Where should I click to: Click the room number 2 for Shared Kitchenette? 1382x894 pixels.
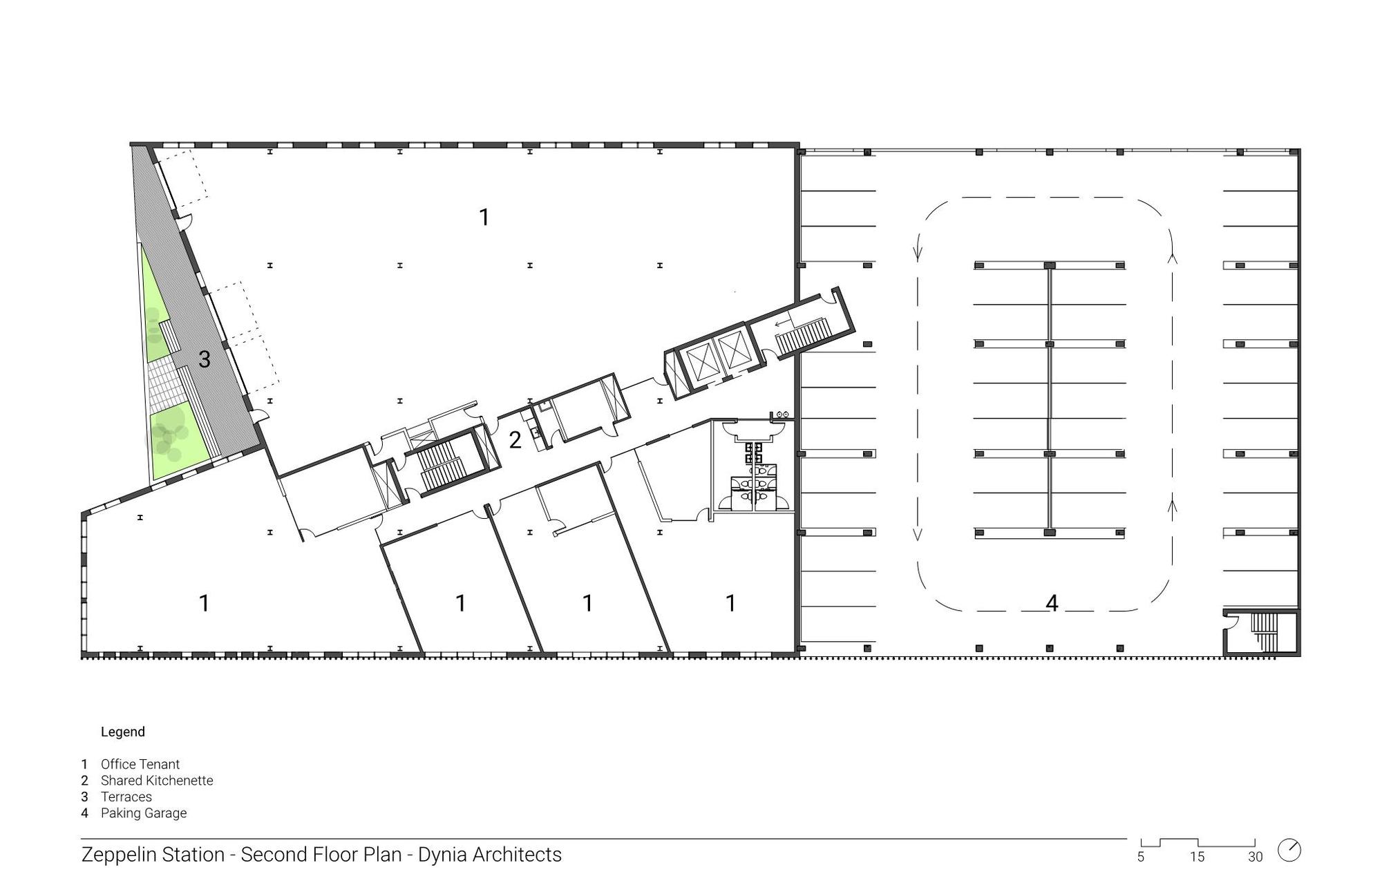click(515, 440)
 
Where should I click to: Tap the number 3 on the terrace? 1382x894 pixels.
click(205, 359)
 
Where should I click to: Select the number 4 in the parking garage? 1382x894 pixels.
click(1052, 603)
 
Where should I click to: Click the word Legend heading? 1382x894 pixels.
click(123, 732)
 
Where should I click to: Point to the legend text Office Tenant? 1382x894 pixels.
click(140, 764)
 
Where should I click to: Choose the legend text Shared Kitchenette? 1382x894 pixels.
click(157, 781)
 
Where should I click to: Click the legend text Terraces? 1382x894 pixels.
click(126, 797)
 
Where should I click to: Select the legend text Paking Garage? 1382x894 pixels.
click(144, 813)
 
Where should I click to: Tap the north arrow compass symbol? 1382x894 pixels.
click(1289, 850)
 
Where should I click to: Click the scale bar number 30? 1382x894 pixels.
click(1256, 857)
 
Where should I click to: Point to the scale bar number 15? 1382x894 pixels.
click(1198, 857)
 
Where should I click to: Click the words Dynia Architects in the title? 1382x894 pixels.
click(490, 855)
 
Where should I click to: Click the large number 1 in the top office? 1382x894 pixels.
click(484, 217)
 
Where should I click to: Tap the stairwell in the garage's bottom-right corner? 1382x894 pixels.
click(1262, 632)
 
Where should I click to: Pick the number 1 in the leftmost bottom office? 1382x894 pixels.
click(205, 603)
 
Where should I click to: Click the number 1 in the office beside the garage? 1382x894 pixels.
click(731, 603)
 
